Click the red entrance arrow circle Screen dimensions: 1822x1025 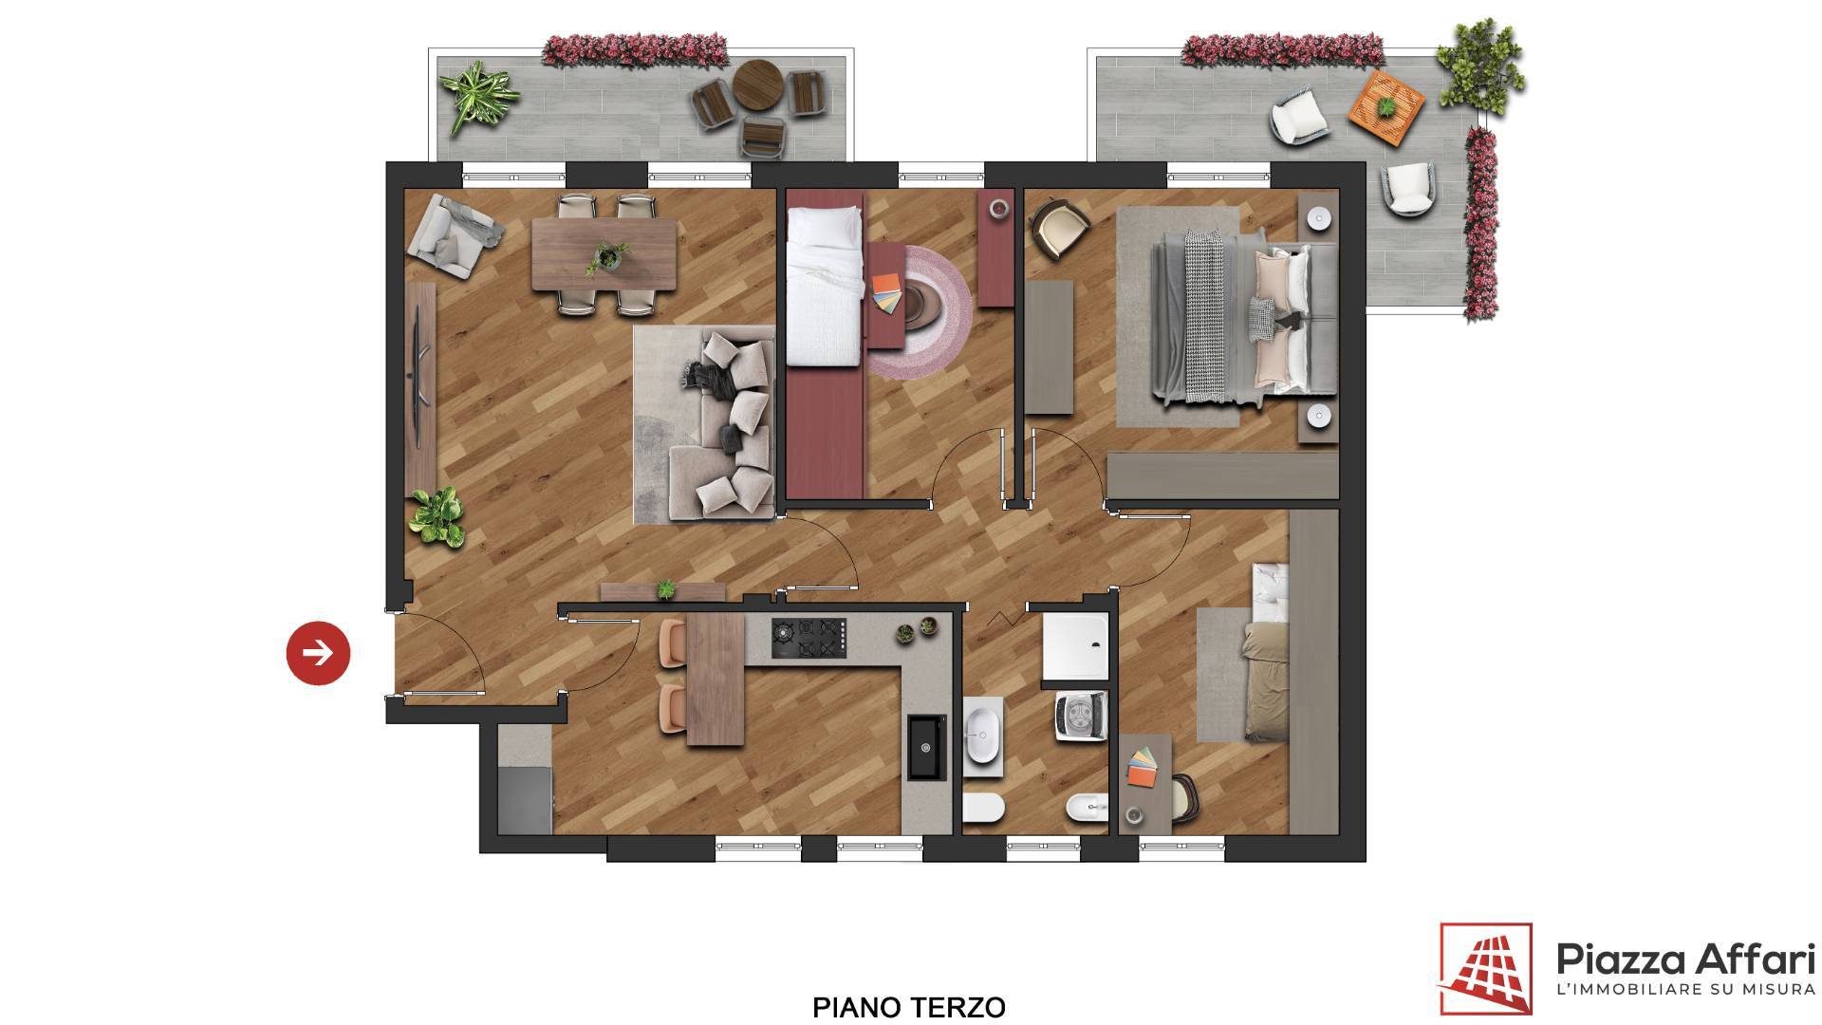click(318, 652)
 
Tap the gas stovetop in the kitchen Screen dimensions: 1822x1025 click(808, 638)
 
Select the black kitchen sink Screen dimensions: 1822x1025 click(926, 747)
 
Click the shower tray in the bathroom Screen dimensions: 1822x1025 click(1074, 646)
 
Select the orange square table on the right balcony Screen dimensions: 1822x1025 click(1385, 108)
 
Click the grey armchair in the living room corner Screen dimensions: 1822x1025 click(453, 235)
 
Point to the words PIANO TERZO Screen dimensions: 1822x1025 click(909, 1006)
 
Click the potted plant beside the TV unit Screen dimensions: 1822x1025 click(437, 516)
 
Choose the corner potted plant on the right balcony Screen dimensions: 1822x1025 click(1478, 65)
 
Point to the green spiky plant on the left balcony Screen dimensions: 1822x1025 click(478, 96)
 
